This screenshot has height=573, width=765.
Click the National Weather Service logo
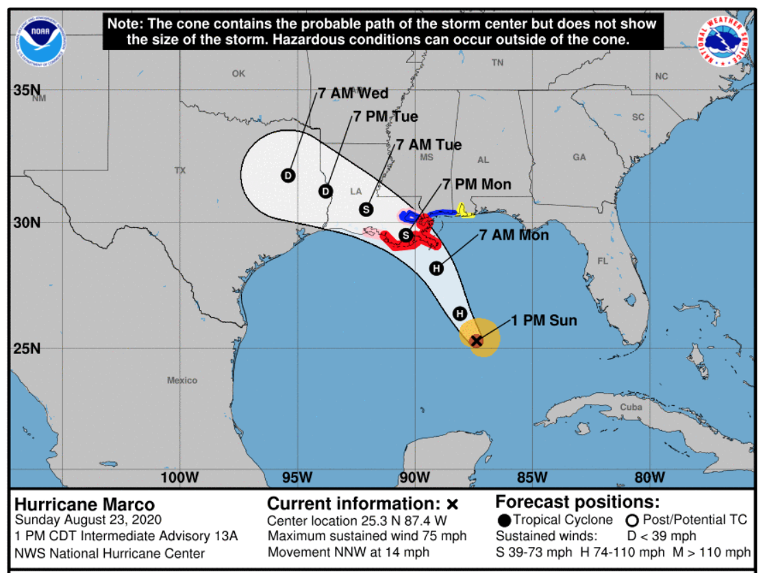coord(723,41)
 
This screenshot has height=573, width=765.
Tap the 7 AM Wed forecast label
coord(353,93)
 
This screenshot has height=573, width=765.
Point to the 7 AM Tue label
coord(429,145)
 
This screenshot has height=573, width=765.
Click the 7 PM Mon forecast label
coord(477,184)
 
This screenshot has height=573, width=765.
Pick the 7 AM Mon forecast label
coord(514,235)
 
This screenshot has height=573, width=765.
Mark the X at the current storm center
coord(477,340)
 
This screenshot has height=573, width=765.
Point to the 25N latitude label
coord(27,348)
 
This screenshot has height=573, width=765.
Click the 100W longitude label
coord(181,477)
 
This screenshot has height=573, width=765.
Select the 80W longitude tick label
coord(649,477)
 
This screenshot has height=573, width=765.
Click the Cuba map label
coord(631,407)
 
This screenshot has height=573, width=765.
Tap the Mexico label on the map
coord(182,380)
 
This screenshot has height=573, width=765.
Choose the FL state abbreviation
coord(603,261)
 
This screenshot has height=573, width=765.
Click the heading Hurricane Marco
coord(85,505)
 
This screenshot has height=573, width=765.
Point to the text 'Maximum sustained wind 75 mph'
coord(367,536)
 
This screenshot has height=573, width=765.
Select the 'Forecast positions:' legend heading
coord(577,502)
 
